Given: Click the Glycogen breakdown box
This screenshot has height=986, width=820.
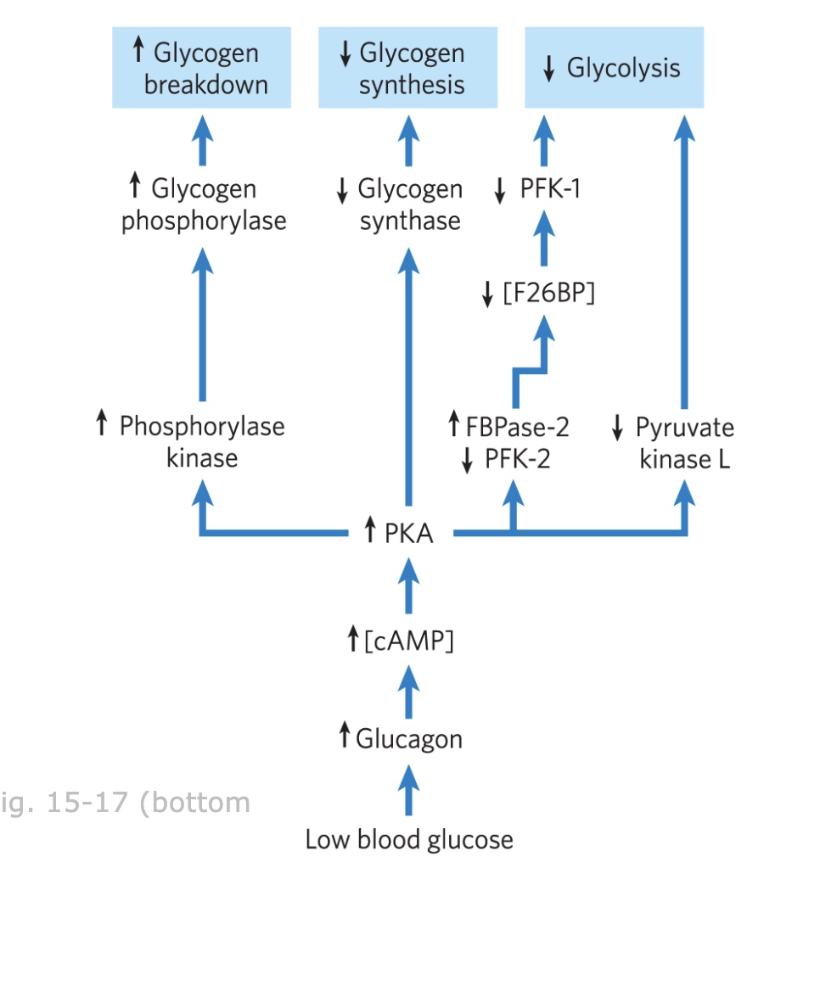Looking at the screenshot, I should point(201,68).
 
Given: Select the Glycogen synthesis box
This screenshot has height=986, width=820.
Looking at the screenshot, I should point(407,68).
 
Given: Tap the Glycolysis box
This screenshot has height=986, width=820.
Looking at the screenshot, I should point(614,68).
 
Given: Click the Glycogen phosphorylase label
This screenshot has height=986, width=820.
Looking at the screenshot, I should point(203,204).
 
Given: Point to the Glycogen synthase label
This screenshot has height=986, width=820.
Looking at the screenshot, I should point(408,204).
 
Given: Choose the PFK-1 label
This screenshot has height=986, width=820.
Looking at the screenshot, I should point(549,188).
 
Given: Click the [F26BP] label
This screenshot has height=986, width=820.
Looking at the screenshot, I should point(548,294).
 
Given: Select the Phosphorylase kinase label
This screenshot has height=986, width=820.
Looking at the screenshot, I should point(201,442).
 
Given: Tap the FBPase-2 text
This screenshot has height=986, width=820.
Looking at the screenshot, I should point(517,426).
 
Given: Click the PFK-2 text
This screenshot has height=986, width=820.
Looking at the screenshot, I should point(517,459).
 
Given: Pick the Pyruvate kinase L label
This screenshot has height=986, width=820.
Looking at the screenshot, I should point(684,442).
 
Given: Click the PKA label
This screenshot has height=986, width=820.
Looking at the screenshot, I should point(408,533).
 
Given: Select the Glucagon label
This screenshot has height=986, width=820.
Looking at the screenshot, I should point(408,738).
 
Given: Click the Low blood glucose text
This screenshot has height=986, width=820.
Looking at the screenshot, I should point(408,840).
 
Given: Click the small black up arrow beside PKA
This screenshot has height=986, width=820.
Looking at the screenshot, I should point(369,532).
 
